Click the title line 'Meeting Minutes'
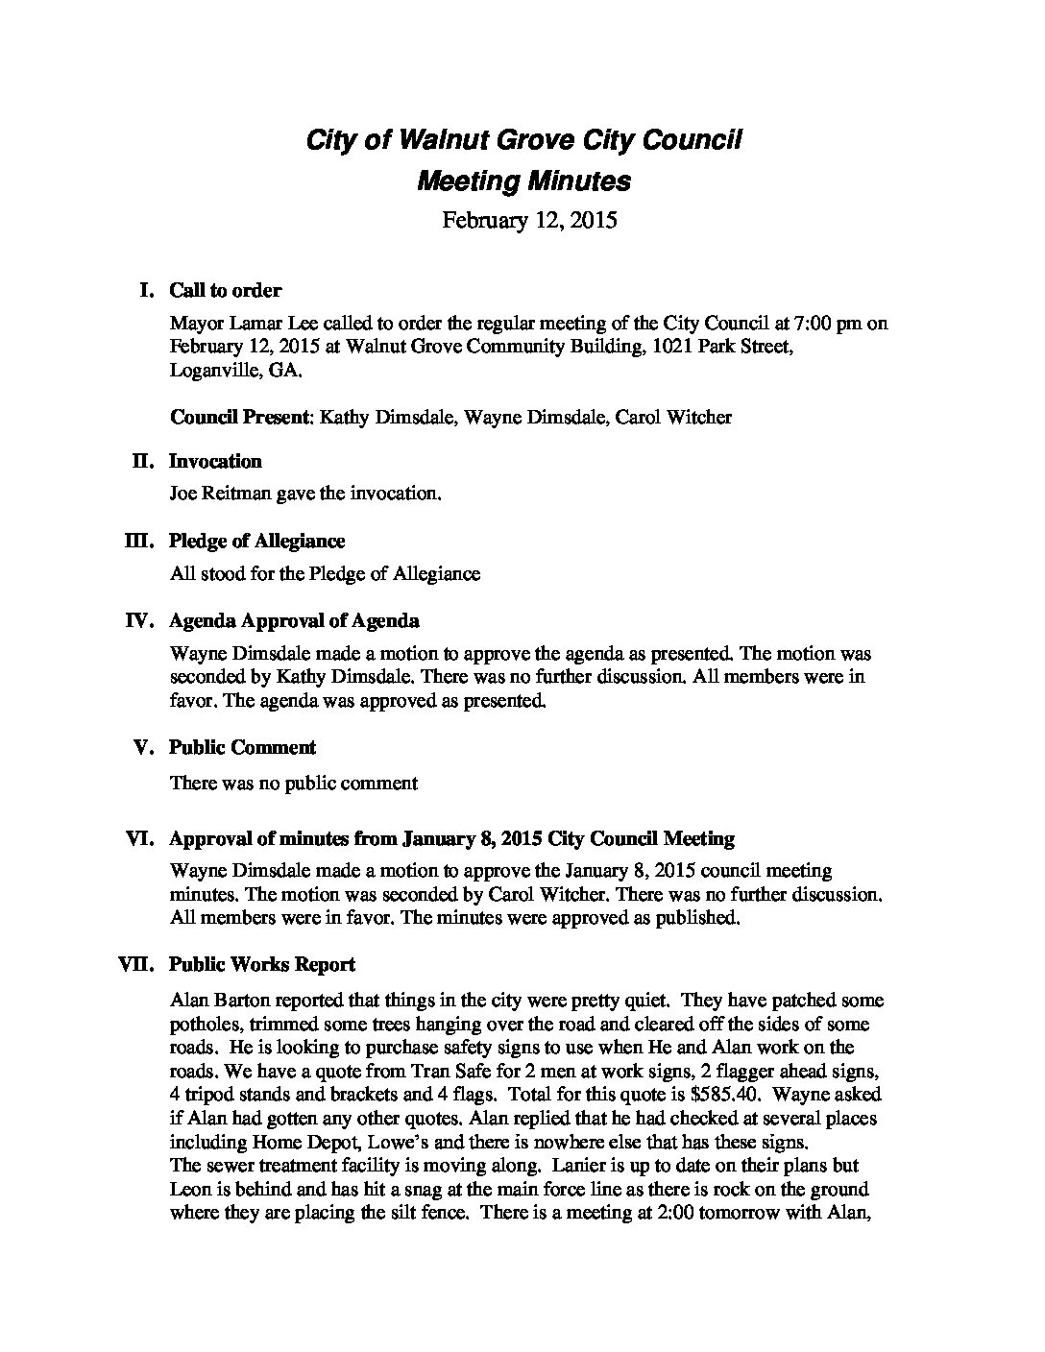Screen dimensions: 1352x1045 coord(523,181)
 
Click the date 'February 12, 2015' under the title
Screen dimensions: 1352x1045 coord(528,221)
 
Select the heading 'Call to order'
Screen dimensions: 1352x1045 coord(225,290)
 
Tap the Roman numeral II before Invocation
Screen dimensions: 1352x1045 coord(142,462)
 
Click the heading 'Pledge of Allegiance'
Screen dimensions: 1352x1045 coord(256,542)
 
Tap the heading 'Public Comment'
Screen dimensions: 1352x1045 coord(242,748)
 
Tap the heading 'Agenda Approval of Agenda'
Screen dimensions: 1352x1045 coord(294,621)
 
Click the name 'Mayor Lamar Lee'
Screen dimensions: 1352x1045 coord(236,323)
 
